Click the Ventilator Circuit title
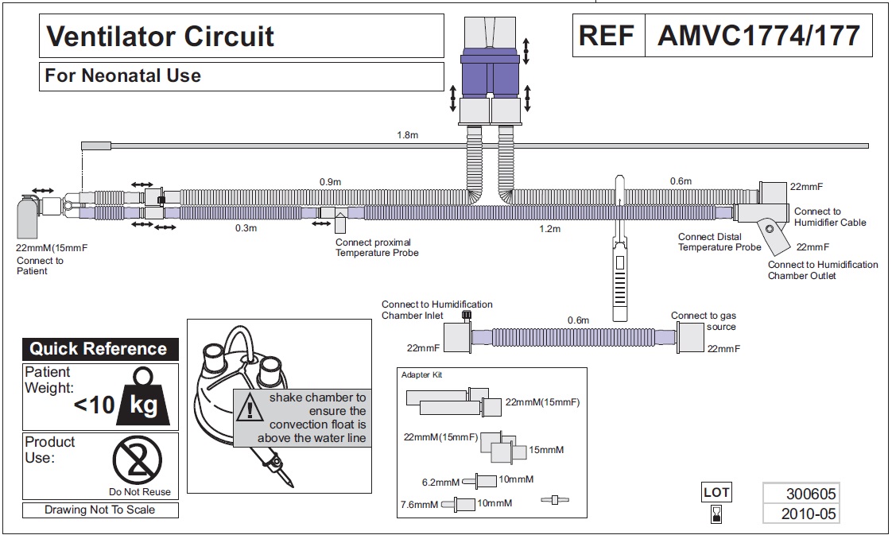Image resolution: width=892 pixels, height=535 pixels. (160, 37)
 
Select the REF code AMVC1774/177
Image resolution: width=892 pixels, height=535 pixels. (758, 36)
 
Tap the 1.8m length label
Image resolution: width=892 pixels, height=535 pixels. (407, 135)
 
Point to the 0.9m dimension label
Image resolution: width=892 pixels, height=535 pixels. (330, 182)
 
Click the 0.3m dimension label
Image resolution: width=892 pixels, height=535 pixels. (246, 228)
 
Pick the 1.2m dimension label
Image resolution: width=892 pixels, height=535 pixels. (549, 229)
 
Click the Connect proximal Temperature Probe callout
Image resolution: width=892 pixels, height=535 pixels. (377, 247)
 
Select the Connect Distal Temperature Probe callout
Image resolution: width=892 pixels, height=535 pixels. (719, 242)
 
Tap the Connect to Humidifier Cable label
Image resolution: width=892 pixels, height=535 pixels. (830, 216)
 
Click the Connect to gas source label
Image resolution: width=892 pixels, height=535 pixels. (704, 320)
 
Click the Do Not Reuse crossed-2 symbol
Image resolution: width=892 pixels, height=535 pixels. (137, 460)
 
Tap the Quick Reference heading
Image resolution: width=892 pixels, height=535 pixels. (99, 348)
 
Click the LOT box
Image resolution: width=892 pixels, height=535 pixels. (716, 492)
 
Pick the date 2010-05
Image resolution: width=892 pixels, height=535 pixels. (809, 514)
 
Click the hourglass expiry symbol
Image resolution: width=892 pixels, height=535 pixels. (716, 514)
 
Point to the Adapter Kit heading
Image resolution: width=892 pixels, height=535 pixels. (421, 374)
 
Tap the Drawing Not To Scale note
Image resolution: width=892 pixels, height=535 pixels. (99, 510)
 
